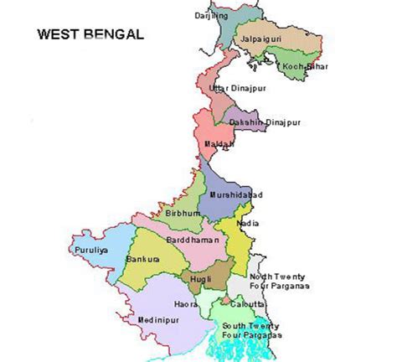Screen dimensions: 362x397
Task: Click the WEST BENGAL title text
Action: (90, 35)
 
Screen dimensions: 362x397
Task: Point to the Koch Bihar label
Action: (305, 65)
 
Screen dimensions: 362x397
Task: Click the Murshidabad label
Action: (235, 194)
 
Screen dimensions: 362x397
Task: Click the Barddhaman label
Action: (192, 239)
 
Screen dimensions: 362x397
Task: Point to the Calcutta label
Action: (248, 304)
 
